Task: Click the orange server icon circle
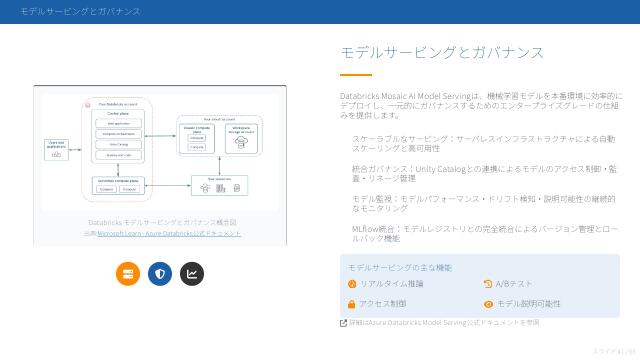[127, 273]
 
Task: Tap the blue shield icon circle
[160, 273]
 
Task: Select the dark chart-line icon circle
[192, 273]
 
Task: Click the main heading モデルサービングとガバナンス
[442, 52]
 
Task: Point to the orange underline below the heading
[355, 75]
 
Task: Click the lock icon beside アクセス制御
[352, 303]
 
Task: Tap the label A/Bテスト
[514, 284]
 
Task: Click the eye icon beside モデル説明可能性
[488, 303]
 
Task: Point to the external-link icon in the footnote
[344, 323]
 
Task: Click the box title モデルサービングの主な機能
[400, 268]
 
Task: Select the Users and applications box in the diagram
[57, 149]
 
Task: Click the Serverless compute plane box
[116, 184]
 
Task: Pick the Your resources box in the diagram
[218, 184]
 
